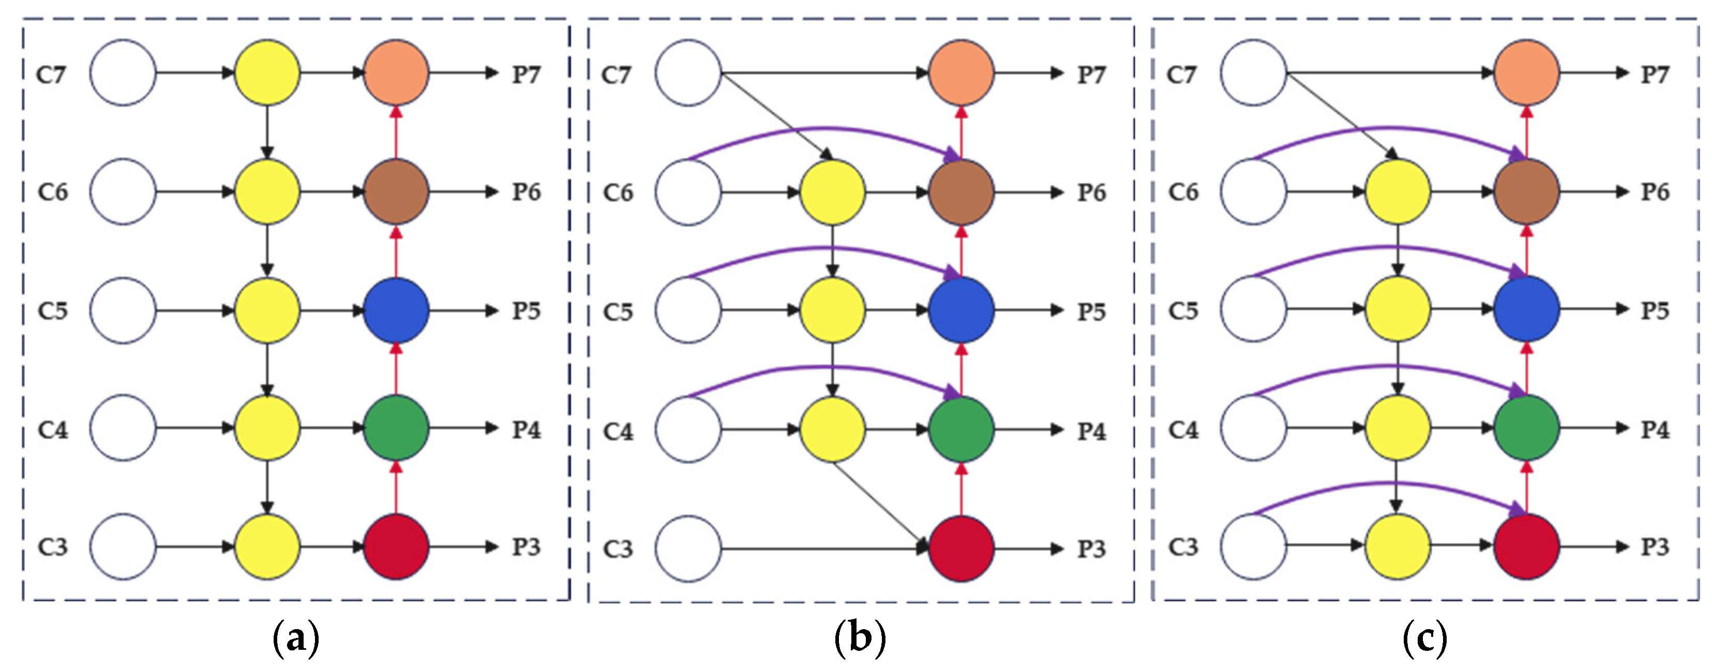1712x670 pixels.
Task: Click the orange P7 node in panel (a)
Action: pyautogui.click(x=396, y=72)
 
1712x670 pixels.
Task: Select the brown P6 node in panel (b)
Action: pyautogui.click(x=961, y=192)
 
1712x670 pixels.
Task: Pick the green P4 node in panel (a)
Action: pyautogui.click(x=396, y=428)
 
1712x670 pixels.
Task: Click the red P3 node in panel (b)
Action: pyautogui.click(x=961, y=548)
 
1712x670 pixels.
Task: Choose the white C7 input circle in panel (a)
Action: pyautogui.click(x=123, y=72)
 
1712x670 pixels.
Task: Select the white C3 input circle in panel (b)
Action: pyautogui.click(x=688, y=548)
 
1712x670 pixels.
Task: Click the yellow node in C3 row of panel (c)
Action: pyautogui.click(x=1397, y=546)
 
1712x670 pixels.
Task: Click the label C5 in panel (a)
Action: pyautogui.click(x=53, y=310)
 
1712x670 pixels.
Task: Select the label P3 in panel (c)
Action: pyautogui.click(x=1655, y=547)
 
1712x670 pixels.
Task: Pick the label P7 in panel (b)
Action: pyautogui.click(x=1091, y=75)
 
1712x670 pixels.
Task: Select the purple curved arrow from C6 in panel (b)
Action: pyautogui.click(x=824, y=128)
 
